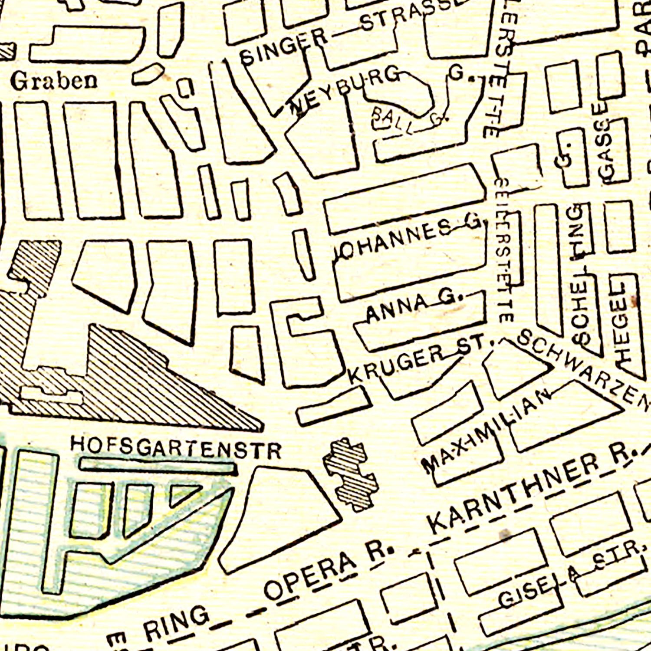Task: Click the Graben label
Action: [x=54, y=81]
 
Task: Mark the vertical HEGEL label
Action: [x=622, y=323]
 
